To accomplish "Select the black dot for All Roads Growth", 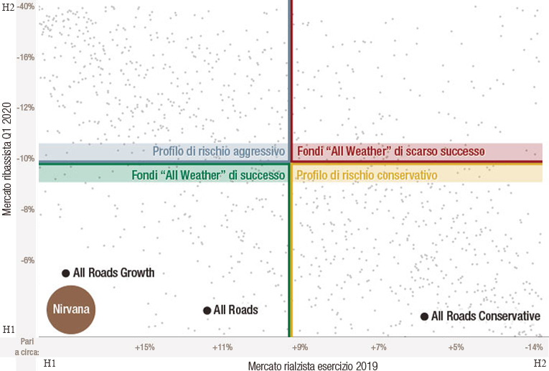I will point(66,273).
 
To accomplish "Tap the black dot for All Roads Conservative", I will point(424,316).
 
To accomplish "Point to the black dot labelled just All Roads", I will point(207,310).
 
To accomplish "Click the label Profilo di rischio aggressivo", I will point(219,152).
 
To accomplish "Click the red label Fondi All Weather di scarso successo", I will point(391,152).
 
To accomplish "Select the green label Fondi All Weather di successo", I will point(209,175).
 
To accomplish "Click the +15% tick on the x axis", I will point(145,348).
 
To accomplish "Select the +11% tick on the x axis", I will point(222,348).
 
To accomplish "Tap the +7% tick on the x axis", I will point(379,348).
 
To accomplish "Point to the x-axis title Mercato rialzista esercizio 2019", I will point(313,366).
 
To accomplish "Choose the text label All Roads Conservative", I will point(485,316).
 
